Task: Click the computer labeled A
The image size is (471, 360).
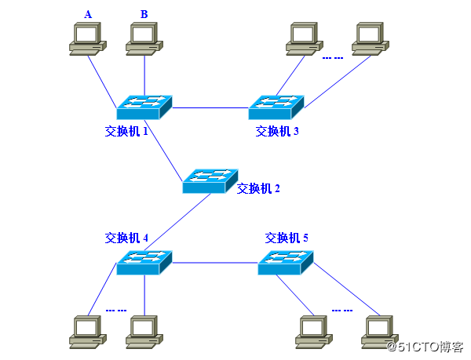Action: [87, 39]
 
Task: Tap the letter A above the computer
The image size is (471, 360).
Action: [88, 13]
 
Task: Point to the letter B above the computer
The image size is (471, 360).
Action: [144, 13]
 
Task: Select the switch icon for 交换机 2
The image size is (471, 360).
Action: [210, 181]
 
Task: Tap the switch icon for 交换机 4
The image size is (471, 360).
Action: [144, 262]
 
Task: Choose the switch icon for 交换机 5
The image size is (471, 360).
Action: [285, 262]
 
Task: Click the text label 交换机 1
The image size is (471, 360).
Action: [126, 131]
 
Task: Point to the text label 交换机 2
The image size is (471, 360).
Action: [258, 188]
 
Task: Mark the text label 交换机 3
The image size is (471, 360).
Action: [277, 131]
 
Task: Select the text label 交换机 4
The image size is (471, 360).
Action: [126, 237]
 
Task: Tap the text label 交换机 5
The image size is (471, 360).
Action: [287, 237]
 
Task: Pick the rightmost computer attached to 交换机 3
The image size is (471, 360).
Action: [370, 39]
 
